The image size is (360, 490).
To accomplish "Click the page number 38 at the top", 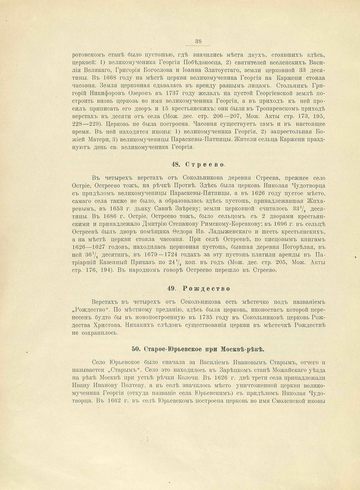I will point(198,42).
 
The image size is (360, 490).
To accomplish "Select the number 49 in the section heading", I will point(172,288).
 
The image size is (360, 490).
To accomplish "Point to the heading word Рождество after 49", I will point(206,288).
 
